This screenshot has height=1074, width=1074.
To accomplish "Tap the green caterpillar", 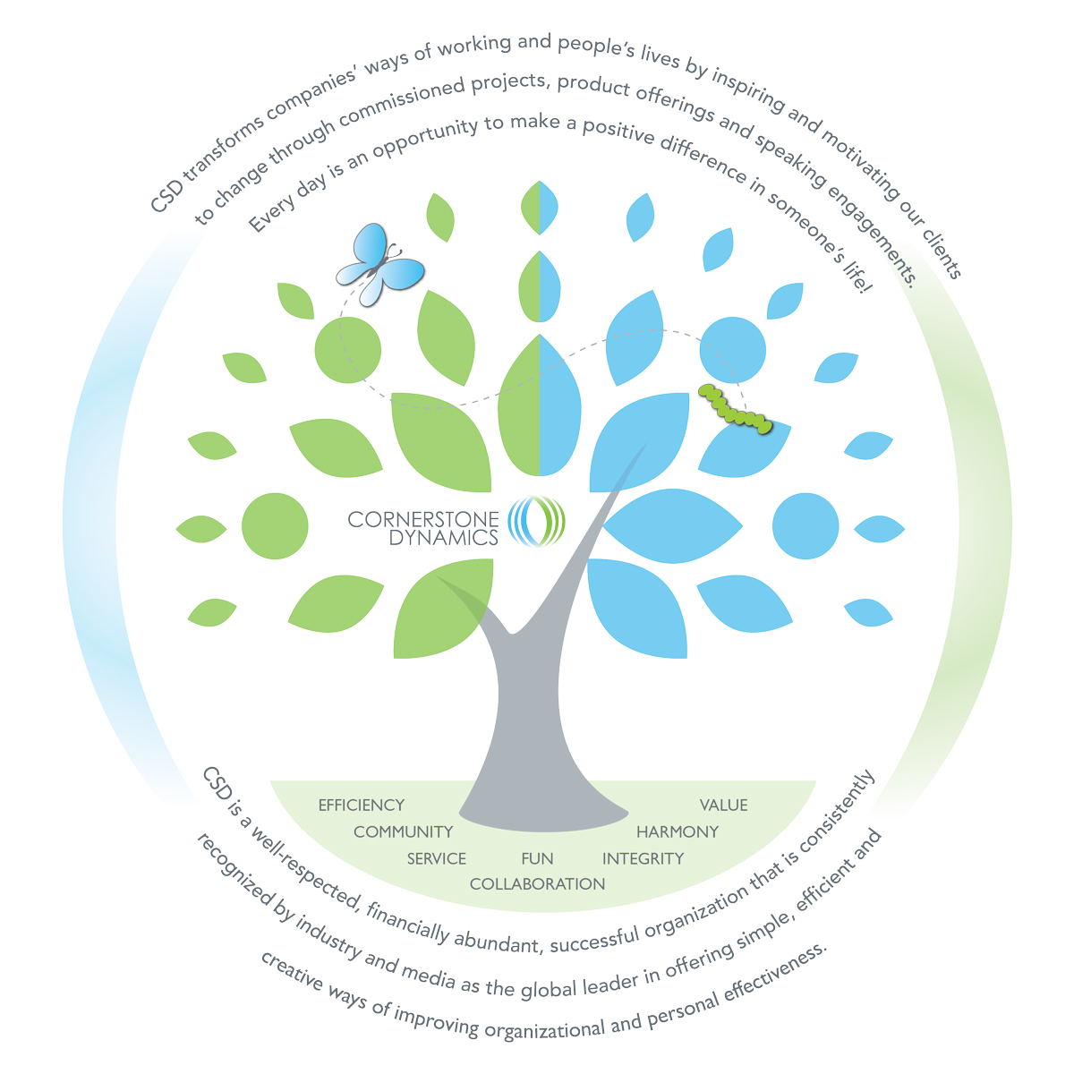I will [x=735, y=409].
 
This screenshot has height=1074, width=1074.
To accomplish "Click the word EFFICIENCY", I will [x=362, y=805].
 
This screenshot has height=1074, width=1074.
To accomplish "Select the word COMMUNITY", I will [x=403, y=832].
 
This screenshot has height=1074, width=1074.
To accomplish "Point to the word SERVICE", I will [x=437, y=859].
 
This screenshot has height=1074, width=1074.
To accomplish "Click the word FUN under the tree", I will [x=537, y=859].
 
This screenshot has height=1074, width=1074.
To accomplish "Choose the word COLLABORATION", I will [x=537, y=884].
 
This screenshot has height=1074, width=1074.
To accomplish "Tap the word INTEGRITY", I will [x=643, y=859].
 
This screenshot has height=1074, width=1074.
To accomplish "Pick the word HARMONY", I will [x=678, y=832].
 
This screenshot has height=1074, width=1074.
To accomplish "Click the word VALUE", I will [x=723, y=805].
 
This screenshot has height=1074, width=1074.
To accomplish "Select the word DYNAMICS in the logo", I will [x=444, y=538].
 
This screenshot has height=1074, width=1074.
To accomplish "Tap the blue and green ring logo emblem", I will [x=537, y=522].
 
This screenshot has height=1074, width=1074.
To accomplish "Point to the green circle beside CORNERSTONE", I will [x=275, y=526].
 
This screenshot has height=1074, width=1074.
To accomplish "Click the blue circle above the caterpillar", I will [x=732, y=350].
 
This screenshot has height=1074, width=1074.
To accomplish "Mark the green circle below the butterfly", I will [x=347, y=350].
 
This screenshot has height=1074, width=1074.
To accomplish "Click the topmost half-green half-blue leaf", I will [x=540, y=208].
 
